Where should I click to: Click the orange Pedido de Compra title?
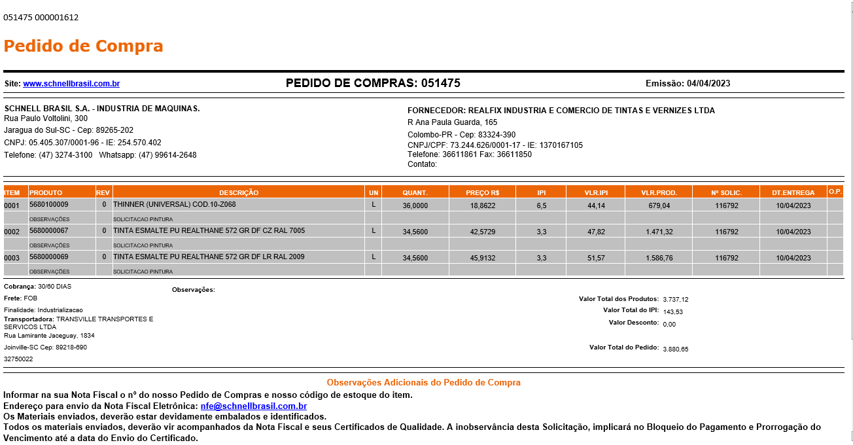point(83,46)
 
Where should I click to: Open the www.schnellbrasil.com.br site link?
point(71,84)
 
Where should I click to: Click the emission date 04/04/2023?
point(708,84)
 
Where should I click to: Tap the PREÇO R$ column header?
point(482,192)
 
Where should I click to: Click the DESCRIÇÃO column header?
point(239,192)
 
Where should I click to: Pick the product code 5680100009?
point(49,205)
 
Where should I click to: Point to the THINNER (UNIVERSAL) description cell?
point(175,205)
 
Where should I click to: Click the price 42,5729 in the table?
point(482,232)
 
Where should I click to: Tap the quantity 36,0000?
point(415,205)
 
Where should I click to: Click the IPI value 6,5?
point(542,205)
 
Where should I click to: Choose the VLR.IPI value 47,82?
point(596,232)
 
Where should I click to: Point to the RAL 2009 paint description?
point(209,257)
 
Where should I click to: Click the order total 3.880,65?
point(676,349)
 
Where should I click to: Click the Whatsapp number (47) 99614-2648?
point(167,155)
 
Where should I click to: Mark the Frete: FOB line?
point(21,298)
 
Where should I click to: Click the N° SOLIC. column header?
point(726,192)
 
